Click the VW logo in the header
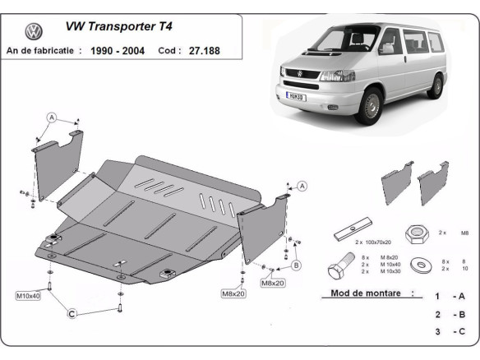pyautogui.click(x=34, y=33)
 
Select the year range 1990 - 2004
pyautogui.click(x=118, y=51)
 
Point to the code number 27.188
pyautogui.click(x=203, y=51)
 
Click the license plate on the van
pyautogui.click(x=294, y=96)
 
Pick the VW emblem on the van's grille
pyautogui.click(x=299, y=75)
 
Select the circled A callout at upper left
pyautogui.click(x=51, y=118)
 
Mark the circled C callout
pyautogui.click(x=72, y=313)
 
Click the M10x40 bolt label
pyautogui.click(x=27, y=294)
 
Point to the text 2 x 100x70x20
pyautogui.click(x=373, y=242)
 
